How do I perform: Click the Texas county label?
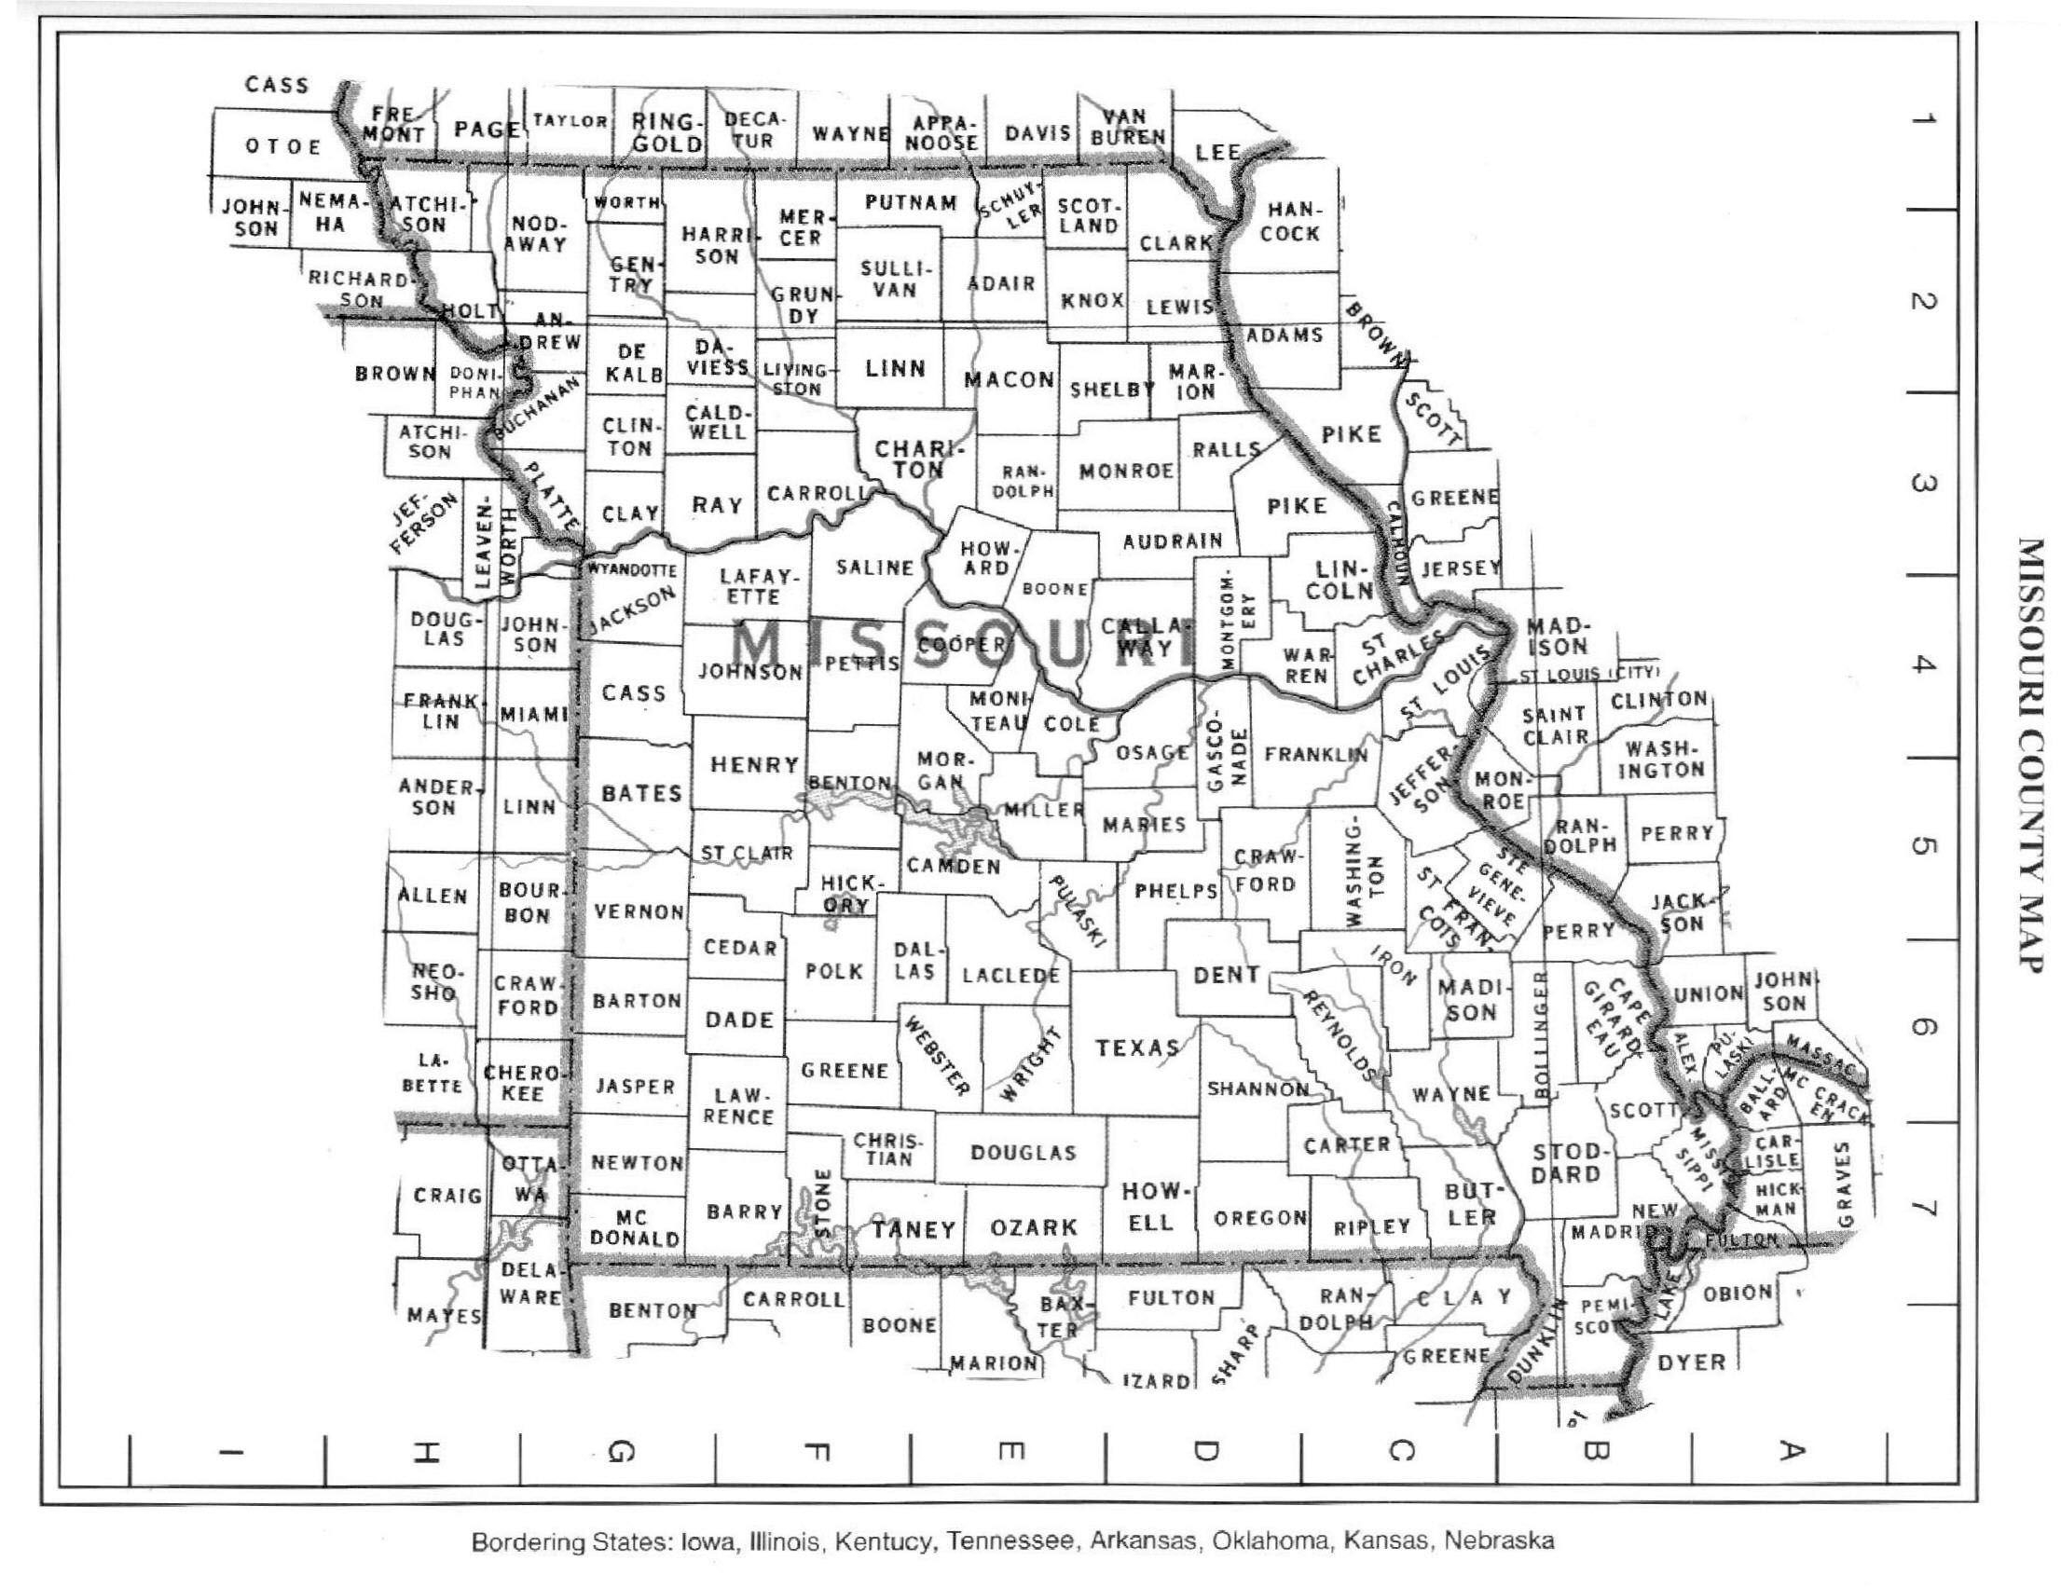pos(1136,1047)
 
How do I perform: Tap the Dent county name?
pos(1226,975)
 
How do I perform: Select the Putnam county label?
pos(911,203)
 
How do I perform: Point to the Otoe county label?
pos(283,146)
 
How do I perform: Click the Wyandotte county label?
pos(632,570)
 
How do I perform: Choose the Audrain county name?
pos(1173,541)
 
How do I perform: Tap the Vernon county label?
pos(639,911)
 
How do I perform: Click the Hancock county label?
pos(1290,221)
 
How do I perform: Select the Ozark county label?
pos(1034,1227)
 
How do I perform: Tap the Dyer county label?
pos(1692,1362)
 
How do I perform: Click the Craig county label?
pos(447,1196)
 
